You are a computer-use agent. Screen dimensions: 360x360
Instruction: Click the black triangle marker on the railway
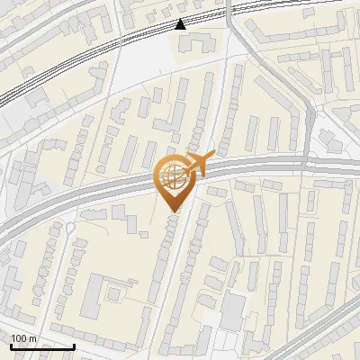[181, 23]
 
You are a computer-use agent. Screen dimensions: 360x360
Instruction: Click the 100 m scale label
[23, 337]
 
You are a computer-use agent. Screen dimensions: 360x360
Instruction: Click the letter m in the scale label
[31, 337]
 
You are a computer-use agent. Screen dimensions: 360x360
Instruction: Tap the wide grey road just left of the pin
[108, 188]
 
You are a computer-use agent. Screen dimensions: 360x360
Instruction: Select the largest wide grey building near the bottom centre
[232, 310]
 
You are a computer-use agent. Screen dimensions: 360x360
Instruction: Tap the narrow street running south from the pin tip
[184, 270]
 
